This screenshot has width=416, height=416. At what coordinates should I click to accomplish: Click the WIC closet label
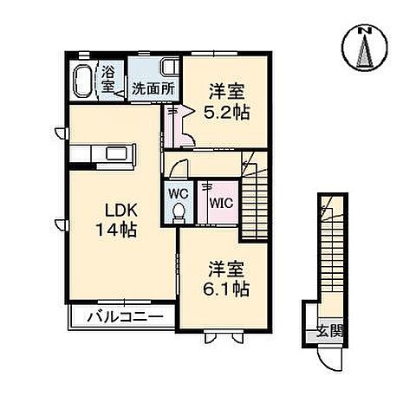coord(220,202)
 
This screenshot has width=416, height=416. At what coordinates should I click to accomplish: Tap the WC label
coord(179,192)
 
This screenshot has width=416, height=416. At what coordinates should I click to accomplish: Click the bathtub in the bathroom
coord(85,81)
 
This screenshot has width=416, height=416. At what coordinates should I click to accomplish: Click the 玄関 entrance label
coord(329,330)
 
